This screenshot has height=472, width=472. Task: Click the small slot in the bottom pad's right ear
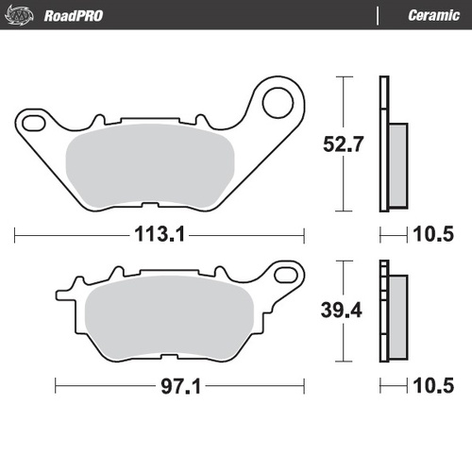click(x=281, y=274)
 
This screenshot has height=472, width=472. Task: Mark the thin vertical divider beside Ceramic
click(x=378, y=15)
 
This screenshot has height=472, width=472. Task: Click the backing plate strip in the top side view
click(x=383, y=142)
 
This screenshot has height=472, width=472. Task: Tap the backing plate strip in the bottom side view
click(x=383, y=312)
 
